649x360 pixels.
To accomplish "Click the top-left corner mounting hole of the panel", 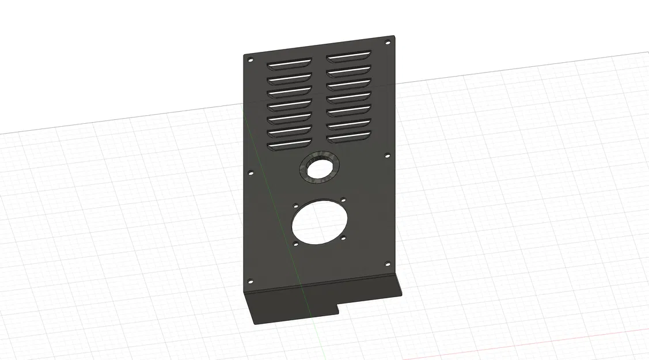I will pos(250,59).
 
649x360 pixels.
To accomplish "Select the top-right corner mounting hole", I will pos(388,43).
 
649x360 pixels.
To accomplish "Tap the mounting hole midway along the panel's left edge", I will pos(250,172).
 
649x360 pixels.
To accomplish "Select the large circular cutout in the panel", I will pos(318,223).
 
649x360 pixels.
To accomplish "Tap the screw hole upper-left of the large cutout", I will pos(295,206).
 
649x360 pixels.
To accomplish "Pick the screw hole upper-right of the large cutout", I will pos(343,200).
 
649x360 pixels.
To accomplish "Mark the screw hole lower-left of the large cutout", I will pos(296,245).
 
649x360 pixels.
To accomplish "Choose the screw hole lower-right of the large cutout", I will pos(343,237).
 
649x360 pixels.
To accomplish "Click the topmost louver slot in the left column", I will pos(289,62).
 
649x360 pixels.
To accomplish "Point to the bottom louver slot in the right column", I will pos(348,138).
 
